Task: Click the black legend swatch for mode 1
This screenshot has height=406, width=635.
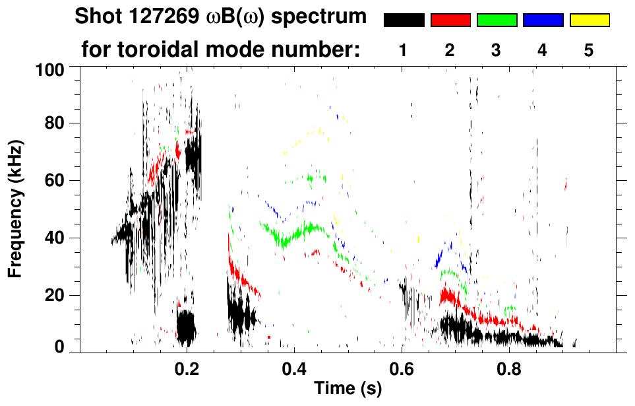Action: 404,20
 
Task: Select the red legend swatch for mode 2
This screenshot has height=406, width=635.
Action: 450,20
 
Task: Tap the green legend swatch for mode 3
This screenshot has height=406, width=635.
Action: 497,20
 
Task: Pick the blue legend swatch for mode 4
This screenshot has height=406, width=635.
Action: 543,20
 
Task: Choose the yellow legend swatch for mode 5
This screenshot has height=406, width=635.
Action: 589,20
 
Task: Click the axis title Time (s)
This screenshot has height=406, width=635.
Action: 347,389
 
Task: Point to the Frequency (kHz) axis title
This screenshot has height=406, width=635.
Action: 16,208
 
